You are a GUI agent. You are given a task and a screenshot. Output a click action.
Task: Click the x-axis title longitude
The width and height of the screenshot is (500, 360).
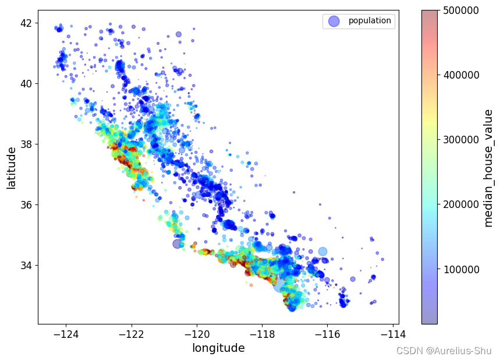218,348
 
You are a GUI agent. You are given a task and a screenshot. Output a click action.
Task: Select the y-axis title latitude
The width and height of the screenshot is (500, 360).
12,168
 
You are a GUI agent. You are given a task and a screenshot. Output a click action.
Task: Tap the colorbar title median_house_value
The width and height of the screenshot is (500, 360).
488,167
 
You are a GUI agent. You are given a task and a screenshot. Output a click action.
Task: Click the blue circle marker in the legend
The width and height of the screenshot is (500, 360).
334,21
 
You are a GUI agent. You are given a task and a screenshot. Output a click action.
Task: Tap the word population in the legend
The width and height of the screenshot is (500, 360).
370,21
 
